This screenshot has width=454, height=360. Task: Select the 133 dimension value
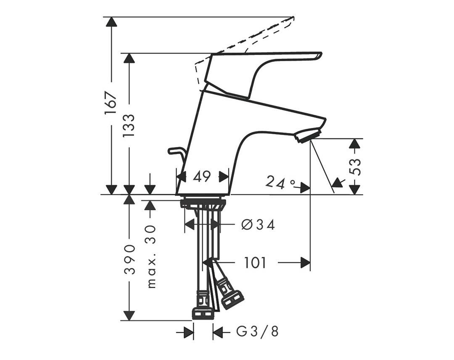click(129, 126)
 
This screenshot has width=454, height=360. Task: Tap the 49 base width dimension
click(202, 176)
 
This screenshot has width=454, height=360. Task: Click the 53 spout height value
click(356, 167)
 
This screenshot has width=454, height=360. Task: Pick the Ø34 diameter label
click(258, 225)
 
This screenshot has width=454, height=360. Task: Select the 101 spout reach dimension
click(255, 263)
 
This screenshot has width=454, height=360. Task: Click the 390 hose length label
click(129, 259)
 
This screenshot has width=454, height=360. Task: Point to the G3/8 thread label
click(257, 331)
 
